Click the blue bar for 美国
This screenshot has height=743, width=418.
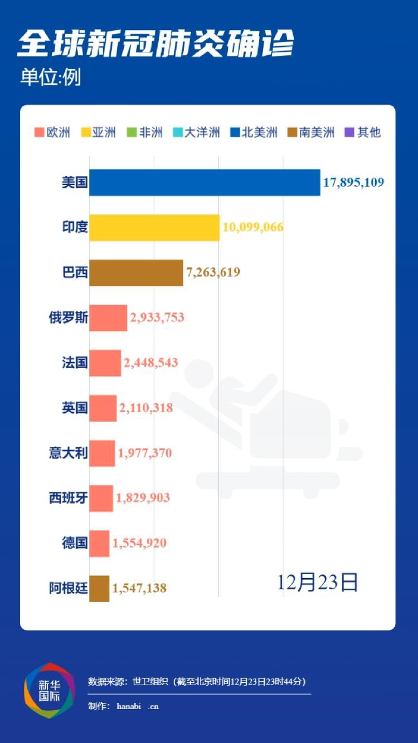pos(205,183)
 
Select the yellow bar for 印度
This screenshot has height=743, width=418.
pos(154,227)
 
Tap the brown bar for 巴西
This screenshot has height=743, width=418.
pos(136,272)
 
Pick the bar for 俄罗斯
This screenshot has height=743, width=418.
pos(108,317)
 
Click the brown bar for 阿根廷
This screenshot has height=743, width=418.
pos(99,588)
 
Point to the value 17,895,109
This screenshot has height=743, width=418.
pos(353,182)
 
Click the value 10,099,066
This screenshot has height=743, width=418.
pos(253,227)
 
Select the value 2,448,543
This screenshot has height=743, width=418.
pos(151,363)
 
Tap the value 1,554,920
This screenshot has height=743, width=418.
pos(139,543)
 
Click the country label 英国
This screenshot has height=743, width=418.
pos(75,408)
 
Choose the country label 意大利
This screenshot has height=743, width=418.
pos(69,453)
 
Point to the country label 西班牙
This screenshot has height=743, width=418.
pos(69,498)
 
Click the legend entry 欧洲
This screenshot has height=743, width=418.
pos(52,133)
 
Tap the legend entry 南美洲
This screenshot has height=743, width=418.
pos(311,133)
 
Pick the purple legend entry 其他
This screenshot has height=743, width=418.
pos(363,133)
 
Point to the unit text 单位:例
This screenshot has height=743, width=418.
pos(51,77)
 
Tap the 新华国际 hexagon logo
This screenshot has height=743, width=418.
pos(49,691)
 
